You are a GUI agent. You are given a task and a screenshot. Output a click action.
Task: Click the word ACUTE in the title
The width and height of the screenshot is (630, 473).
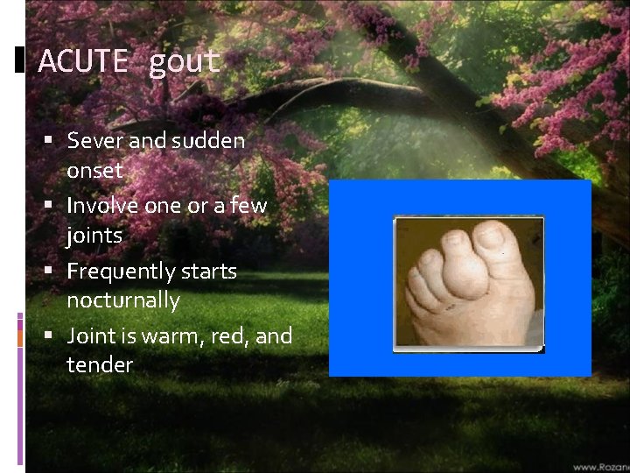[x=84, y=61]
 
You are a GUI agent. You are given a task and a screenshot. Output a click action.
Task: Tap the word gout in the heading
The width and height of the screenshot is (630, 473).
[x=184, y=61]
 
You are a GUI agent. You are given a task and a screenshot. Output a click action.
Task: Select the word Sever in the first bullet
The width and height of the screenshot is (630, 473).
[x=91, y=140]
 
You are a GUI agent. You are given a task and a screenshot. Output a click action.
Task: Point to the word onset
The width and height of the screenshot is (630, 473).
[x=94, y=170]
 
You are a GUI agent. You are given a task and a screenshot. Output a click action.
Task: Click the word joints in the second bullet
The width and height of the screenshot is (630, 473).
[x=94, y=236]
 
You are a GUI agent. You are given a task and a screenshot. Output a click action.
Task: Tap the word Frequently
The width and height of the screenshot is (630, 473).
[x=118, y=272]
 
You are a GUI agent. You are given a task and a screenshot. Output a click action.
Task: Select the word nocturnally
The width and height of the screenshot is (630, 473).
[x=123, y=300]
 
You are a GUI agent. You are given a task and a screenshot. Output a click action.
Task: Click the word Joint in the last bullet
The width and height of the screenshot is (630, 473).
[x=89, y=336]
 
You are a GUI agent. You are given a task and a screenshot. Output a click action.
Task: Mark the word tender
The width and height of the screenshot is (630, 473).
[x=99, y=365]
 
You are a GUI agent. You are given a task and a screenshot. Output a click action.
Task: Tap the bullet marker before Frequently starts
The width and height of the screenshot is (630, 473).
[x=54, y=271]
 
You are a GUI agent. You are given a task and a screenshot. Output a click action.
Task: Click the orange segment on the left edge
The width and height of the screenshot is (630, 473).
[x=20, y=335]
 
